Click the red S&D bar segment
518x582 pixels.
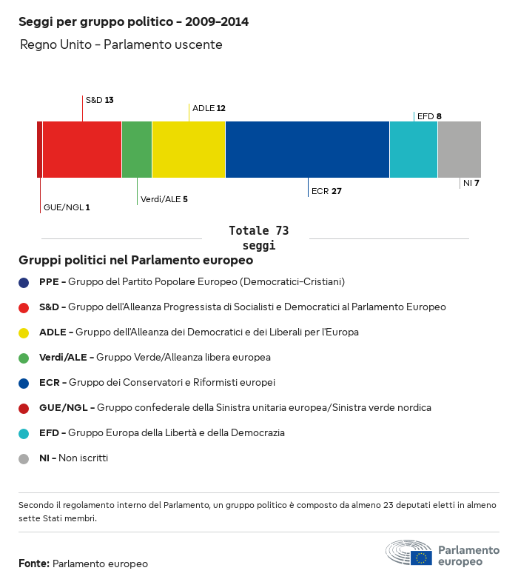tap(82, 150)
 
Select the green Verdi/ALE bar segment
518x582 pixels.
tap(137, 150)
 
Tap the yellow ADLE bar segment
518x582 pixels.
tap(189, 150)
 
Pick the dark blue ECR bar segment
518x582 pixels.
tap(307, 150)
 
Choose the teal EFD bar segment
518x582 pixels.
tap(414, 150)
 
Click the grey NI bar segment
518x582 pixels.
tap(460, 150)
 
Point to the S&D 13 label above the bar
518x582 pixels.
tap(99, 99)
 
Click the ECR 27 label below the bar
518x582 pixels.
tap(326, 191)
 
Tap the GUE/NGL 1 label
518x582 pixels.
tap(67, 207)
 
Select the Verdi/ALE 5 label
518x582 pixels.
tap(164, 199)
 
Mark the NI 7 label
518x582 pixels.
tap(471, 183)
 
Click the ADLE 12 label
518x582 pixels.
tap(209, 108)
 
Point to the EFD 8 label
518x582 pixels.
tap(429, 116)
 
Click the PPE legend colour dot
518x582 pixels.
tap(24, 282)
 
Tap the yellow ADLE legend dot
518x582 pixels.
tap(24, 332)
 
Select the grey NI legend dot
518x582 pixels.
tap(24, 458)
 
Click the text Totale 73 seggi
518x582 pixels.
tap(258, 238)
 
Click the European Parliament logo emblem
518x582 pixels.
tap(408, 553)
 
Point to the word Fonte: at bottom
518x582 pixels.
tap(34, 564)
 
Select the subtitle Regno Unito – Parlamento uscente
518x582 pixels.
tap(121, 45)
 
